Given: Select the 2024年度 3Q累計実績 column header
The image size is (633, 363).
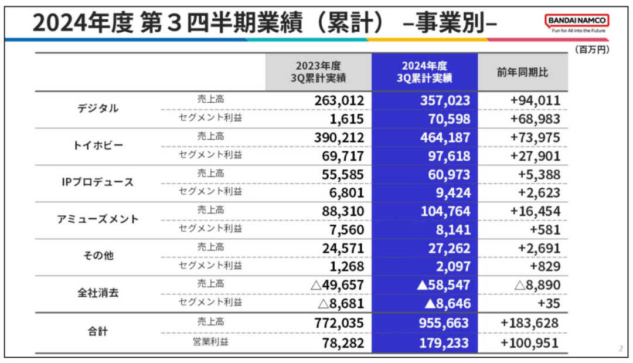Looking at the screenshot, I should click(424, 72).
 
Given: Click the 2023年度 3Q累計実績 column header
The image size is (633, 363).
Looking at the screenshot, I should click(318, 72).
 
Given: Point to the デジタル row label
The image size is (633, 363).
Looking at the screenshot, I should click(98, 109).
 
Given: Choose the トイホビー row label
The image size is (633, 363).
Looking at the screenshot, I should click(98, 146).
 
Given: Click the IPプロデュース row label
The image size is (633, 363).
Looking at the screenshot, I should click(98, 182).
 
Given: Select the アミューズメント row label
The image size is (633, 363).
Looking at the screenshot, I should click(98, 219).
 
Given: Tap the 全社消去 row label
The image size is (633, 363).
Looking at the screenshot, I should click(98, 293).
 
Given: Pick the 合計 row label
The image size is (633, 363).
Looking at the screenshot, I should click(98, 331).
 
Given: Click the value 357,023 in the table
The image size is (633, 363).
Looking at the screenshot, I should click(445, 100).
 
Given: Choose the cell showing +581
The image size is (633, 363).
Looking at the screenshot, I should click(544, 229).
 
